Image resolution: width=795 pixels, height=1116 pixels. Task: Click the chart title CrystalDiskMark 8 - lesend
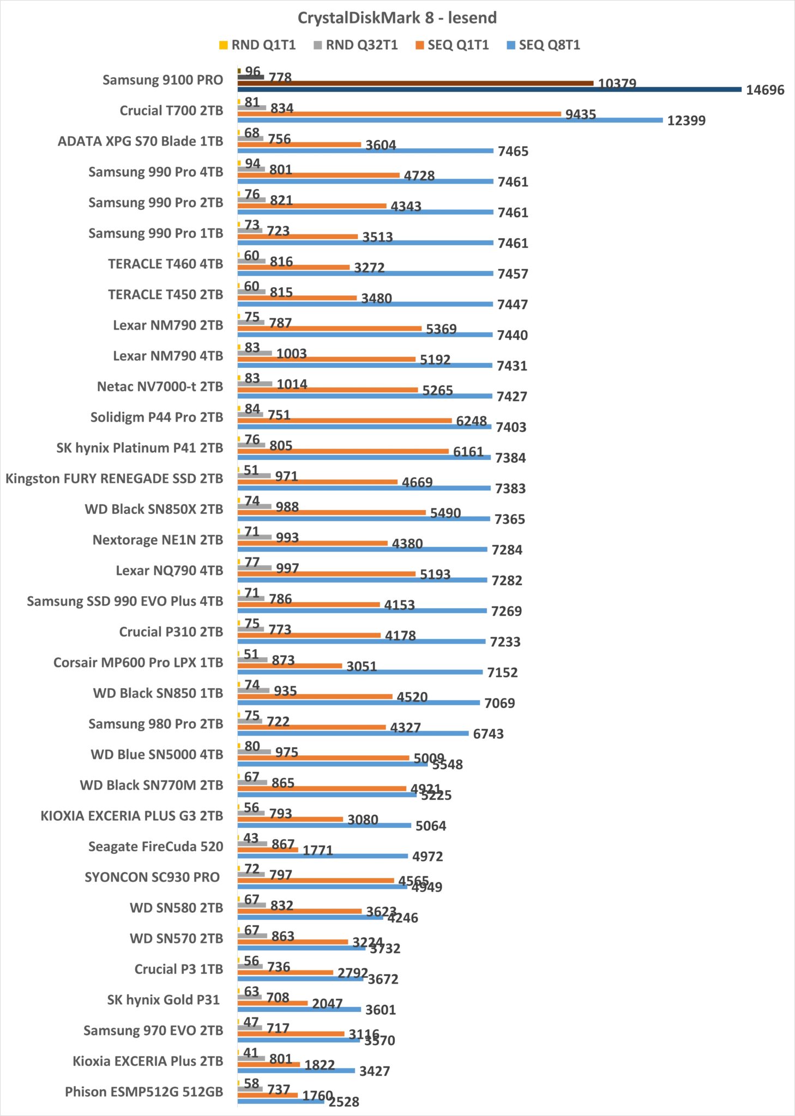point(397,18)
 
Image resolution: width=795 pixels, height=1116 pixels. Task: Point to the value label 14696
point(764,90)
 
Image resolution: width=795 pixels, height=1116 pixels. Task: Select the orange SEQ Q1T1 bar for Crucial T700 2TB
point(399,114)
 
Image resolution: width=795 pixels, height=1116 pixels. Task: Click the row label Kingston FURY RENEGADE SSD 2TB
point(114,478)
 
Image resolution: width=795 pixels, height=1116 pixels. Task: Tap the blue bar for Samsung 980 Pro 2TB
point(353,733)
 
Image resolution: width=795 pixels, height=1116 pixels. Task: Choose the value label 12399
point(686,120)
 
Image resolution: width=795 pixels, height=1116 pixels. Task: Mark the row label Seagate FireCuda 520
point(155,846)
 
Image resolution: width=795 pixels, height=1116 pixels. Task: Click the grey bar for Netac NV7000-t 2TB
point(255,384)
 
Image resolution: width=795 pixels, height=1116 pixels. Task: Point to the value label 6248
point(471,421)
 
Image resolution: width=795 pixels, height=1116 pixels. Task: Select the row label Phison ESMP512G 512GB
point(144,1091)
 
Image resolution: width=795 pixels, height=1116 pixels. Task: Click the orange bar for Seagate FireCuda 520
point(268,850)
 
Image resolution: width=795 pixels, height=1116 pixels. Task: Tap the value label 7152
point(502,672)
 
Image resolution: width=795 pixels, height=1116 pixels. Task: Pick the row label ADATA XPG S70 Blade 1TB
point(140,141)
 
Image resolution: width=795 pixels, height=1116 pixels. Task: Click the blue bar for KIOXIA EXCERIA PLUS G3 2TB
point(324,825)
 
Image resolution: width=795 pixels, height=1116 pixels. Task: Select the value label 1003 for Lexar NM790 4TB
point(291,354)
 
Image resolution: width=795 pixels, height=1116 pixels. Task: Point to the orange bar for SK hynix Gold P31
point(273,1003)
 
